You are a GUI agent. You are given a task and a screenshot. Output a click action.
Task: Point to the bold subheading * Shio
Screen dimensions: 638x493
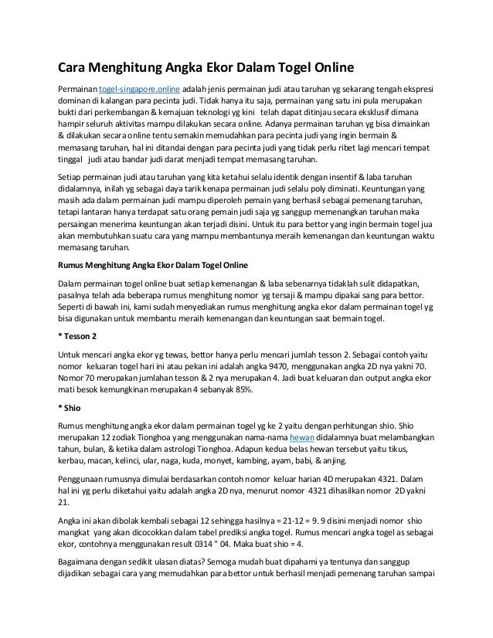click(x=75, y=409)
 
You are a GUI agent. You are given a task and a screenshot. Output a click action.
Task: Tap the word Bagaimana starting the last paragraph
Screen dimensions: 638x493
click(x=81, y=567)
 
